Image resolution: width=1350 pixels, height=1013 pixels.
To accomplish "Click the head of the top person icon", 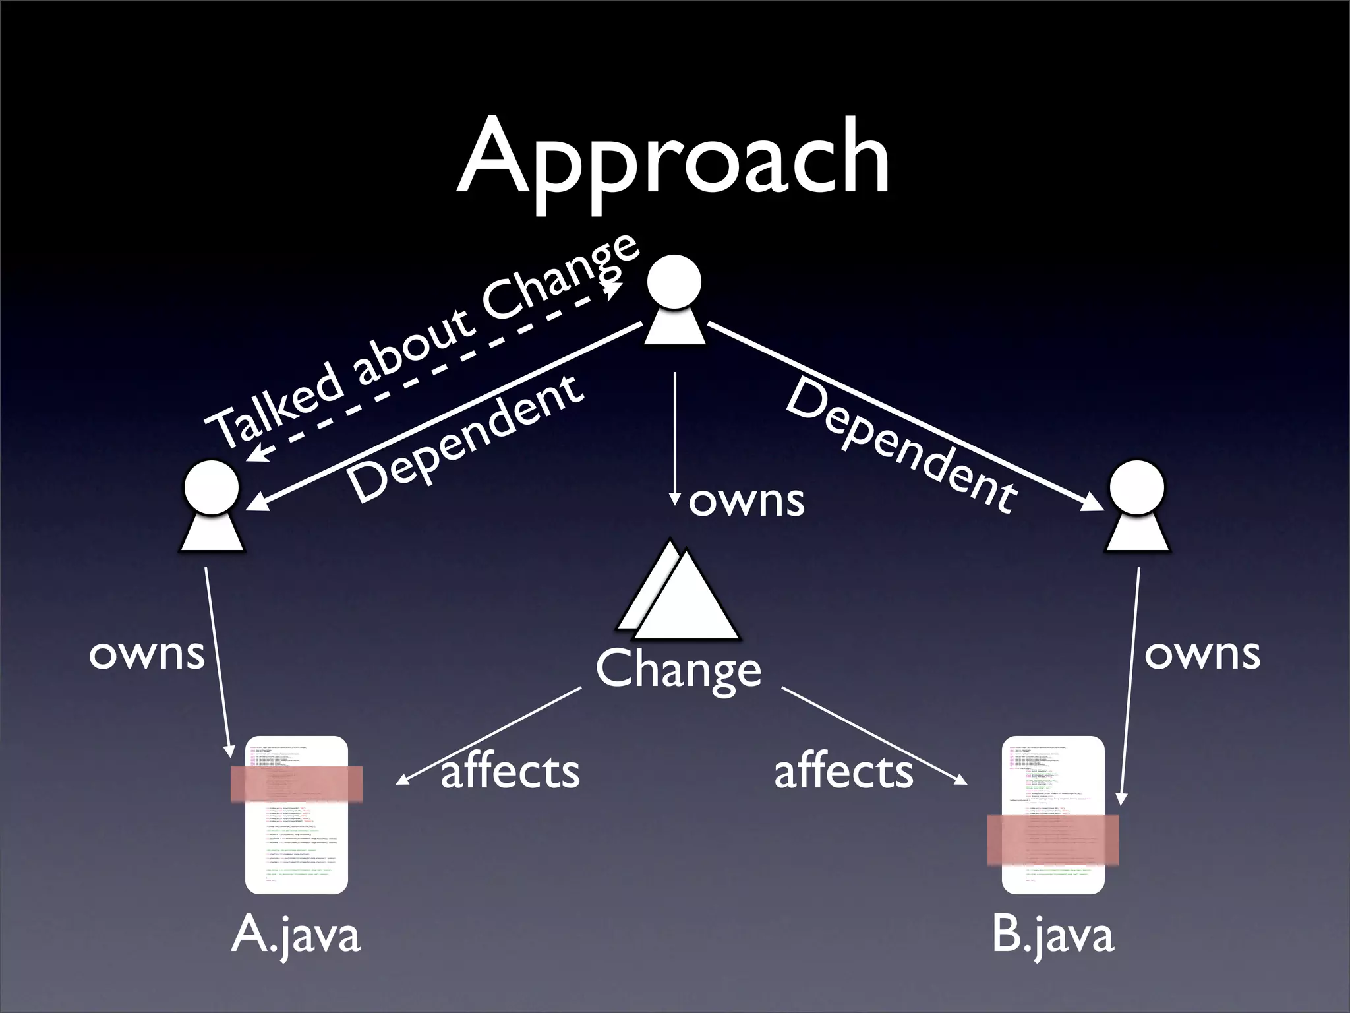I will pos(674,282).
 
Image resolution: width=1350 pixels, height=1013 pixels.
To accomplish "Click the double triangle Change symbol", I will pos(679,594).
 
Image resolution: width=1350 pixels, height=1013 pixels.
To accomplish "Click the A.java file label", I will pos(296,935).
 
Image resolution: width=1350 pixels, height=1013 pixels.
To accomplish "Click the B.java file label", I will pos(1053,935).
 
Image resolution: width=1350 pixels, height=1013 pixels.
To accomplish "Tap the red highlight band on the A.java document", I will pos(297,783).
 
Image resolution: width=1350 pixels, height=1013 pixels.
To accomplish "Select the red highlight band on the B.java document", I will pos(1053,840).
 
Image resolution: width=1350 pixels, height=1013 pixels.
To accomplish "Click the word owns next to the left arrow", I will pos(147,654).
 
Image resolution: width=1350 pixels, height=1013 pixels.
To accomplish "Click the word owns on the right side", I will pos(1202,654).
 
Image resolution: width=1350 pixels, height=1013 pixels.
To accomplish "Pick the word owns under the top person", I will pos(746,501).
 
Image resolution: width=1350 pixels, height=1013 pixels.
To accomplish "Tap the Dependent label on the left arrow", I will pos(465,438).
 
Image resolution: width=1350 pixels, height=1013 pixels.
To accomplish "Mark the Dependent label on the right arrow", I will pos(902,446).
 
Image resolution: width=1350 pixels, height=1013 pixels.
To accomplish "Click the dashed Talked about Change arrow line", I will pos(435,371).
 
